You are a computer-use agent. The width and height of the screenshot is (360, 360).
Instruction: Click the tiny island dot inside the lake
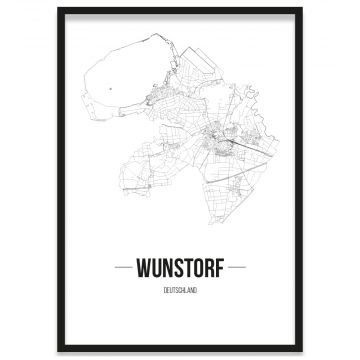106,89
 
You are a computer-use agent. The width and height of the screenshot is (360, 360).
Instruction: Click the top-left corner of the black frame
58,9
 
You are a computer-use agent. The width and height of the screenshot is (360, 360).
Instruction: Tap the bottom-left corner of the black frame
58,351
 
